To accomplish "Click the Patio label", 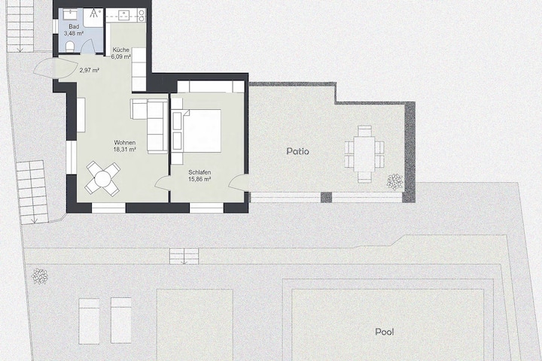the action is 297,151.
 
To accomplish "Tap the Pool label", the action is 385,332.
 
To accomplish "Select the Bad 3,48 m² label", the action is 74,30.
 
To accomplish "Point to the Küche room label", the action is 120,50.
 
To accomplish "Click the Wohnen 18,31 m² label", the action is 124,146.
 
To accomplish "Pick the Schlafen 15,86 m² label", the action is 199,176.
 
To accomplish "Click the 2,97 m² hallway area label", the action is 90,71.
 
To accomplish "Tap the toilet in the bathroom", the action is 69,47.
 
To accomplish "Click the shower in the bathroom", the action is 93,17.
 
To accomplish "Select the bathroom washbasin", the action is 73,14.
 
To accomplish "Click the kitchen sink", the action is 123,14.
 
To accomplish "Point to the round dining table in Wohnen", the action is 102,178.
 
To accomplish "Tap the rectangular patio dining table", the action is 364,154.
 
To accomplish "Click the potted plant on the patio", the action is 394,182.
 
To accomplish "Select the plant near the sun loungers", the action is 40,276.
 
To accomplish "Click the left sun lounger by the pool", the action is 89,321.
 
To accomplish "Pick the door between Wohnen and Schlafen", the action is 162,183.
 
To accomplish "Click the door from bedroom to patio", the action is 239,183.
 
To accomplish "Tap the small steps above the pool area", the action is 184,256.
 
